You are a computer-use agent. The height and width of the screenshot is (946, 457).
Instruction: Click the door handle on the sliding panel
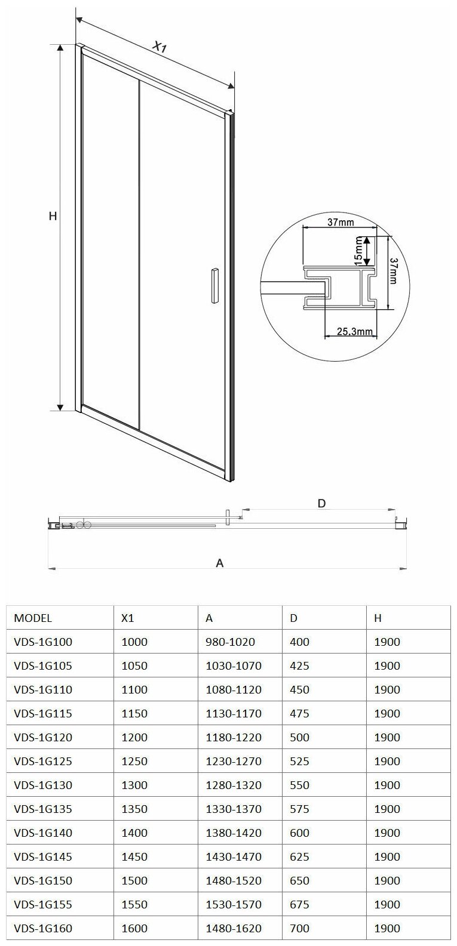(x=214, y=287)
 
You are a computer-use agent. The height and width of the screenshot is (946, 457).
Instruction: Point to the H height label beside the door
(x=53, y=217)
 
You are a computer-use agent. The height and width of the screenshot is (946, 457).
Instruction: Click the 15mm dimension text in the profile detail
(x=358, y=252)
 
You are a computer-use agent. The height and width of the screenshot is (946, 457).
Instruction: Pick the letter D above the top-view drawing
(x=321, y=503)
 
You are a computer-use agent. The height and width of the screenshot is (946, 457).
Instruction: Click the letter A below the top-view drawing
(x=220, y=563)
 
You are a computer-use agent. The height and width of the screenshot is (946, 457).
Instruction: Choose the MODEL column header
(x=32, y=618)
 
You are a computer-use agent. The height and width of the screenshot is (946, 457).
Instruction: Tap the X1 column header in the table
(x=127, y=618)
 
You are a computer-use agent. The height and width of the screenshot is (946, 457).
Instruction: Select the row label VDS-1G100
(x=42, y=642)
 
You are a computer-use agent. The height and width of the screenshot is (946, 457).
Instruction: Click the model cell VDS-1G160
(x=42, y=928)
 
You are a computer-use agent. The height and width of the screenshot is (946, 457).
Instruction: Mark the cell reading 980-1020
(x=230, y=642)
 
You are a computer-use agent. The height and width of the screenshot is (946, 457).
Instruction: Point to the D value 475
(x=300, y=713)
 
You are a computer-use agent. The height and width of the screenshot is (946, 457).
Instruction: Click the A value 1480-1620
(x=234, y=928)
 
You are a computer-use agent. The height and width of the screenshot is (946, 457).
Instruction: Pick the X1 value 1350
(x=134, y=809)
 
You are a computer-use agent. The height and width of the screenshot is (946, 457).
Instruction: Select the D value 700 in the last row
(x=300, y=928)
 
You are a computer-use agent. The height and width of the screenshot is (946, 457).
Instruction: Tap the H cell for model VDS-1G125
(x=387, y=761)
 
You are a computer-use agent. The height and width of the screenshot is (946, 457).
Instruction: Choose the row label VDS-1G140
(x=42, y=833)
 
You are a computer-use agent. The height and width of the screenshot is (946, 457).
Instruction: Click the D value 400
(x=300, y=642)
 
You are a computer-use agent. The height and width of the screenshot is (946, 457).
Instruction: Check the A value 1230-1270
(x=234, y=761)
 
